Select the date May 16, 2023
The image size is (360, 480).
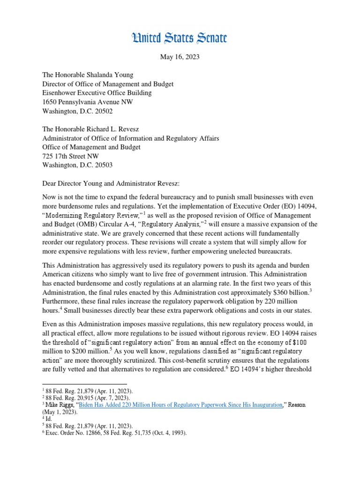pos(180,57)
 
